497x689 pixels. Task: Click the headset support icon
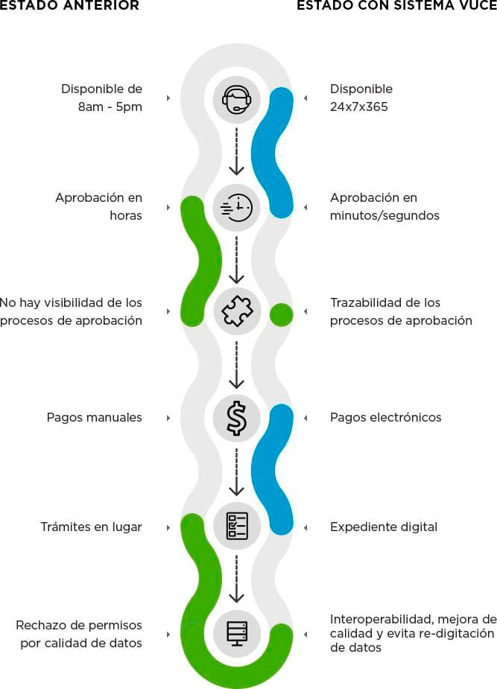coord(237,98)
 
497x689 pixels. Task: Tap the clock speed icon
coord(237,206)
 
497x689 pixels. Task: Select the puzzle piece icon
coord(237,311)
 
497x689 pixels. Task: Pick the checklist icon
coord(237,525)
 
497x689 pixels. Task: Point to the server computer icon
coord(237,632)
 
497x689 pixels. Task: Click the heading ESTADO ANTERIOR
coord(69,6)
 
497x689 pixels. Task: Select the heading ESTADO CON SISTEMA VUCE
coord(396,6)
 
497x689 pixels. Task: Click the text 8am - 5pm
coord(110,107)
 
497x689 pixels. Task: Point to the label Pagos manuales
coord(94,417)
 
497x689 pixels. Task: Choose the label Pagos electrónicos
coord(385,417)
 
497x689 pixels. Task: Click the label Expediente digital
coord(384,527)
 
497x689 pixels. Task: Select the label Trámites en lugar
coord(91,527)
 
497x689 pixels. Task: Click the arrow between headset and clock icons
coord(237,152)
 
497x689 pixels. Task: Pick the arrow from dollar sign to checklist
coord(237,471)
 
